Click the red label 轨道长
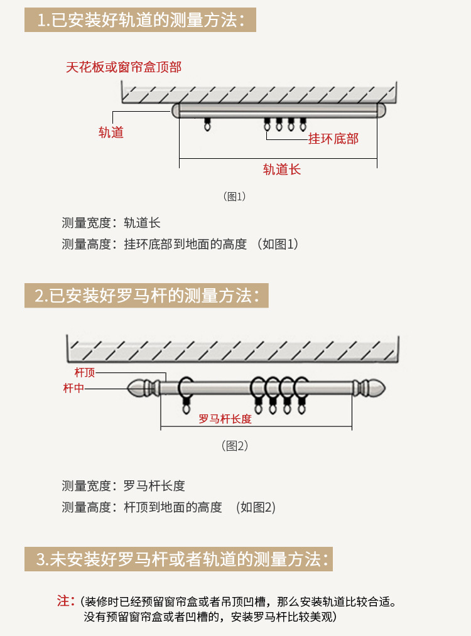pos(281,170)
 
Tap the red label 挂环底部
pos(333,139)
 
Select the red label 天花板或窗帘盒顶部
pos(124,67)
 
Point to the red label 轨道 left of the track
pos(111,132)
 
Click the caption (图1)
pos(234,197)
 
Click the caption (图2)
pos(234,446)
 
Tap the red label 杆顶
pos(84,372)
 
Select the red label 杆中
pos(73,388)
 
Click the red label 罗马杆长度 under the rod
pos(225,419)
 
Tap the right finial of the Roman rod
pos(369,388)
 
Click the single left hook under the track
pos(207,124)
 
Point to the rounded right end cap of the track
pos(381,110)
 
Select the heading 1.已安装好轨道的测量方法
pos(141,20)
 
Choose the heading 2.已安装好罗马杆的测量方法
pos(146,296)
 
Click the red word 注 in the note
pos(63,601)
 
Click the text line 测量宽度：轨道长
pos(111,223)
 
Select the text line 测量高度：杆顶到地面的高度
pos(141,507)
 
